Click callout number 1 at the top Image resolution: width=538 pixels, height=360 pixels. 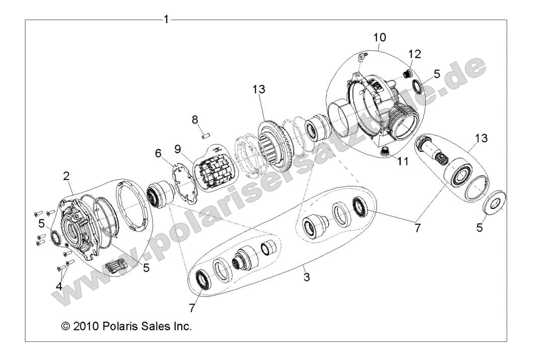[x=166, y=20]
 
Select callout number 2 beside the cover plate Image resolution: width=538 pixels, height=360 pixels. [x=66, y=176]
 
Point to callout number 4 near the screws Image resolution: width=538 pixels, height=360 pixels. [x=59, y=286]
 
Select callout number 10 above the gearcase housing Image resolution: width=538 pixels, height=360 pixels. [x=380, y=37]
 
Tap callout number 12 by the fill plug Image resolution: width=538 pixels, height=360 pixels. [x=415, y=54]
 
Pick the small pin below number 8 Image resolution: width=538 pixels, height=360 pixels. [x=205, y=134]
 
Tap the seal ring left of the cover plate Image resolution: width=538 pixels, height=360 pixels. [x=53, y=237]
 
